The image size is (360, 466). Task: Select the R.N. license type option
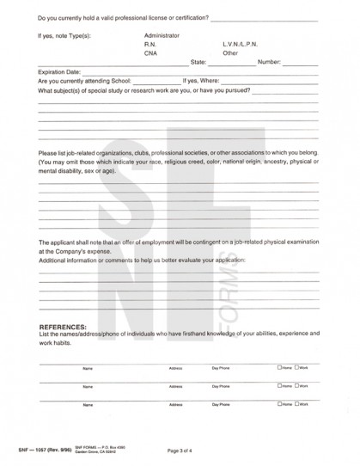click(x=151, y=45)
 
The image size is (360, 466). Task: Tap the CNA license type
click(x=152, y=53)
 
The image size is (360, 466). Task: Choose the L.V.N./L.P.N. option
click(x=241, y=45)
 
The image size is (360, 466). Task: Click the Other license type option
click(x=230, y=53)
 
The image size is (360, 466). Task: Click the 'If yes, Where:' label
click(x=203, y=81)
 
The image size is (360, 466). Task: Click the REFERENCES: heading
click(x=64, y=327)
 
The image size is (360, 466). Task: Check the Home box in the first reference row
click(x=280, y=367)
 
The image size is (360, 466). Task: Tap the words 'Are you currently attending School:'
click(x=85, y=81)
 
